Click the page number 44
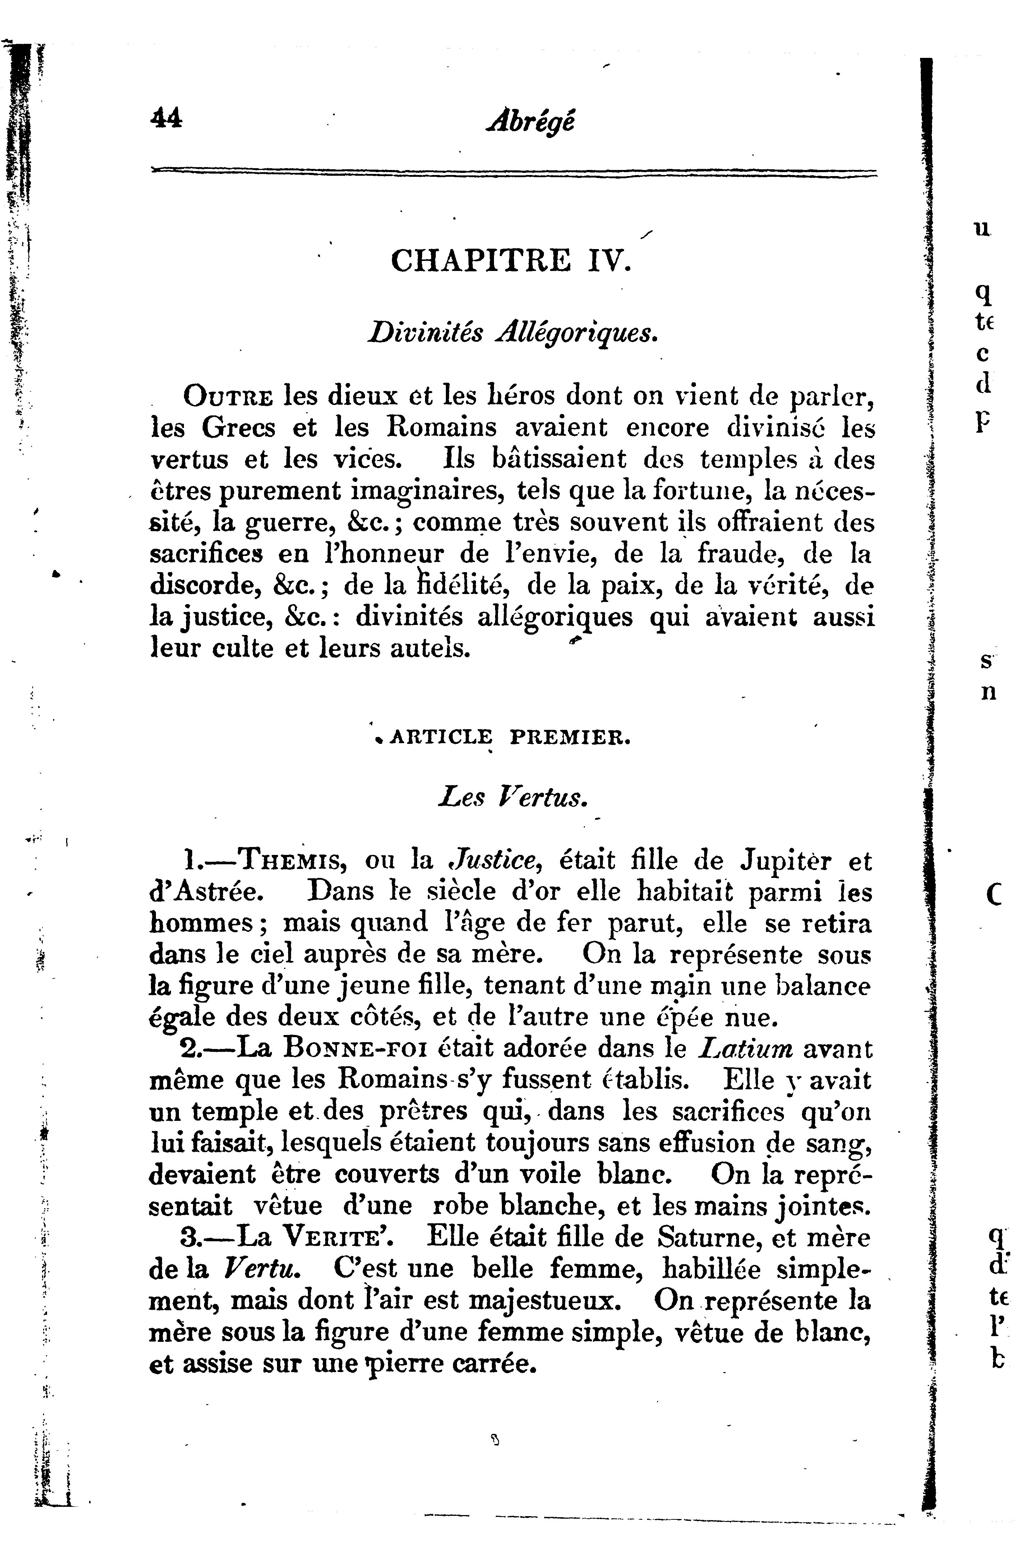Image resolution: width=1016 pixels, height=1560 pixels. pyautogui.click(x=166, y=120)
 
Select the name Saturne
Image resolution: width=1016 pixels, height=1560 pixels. pyautogui.click(x=704, y=1238)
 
